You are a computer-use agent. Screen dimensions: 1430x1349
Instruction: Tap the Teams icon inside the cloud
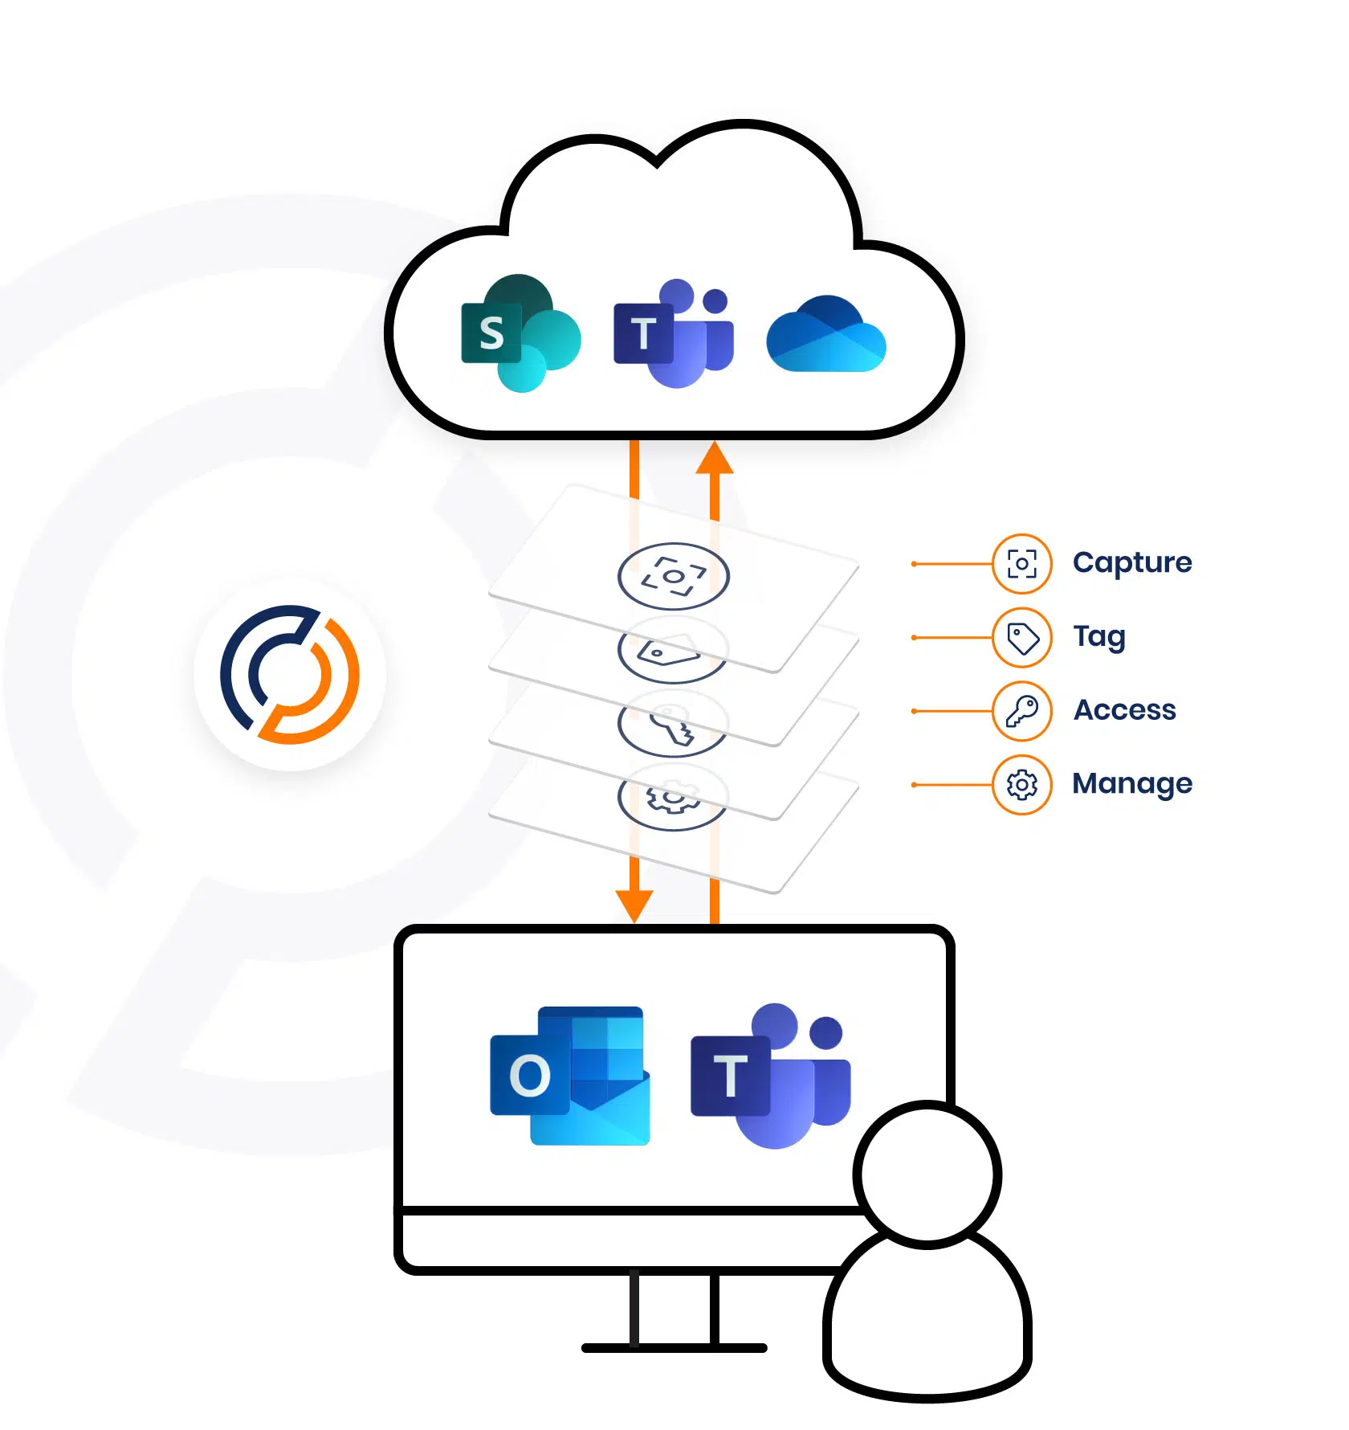pos(674,333)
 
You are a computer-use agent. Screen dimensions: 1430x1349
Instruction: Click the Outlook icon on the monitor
pos(570,1075)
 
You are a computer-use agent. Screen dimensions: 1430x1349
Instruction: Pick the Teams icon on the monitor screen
pos(771,1075)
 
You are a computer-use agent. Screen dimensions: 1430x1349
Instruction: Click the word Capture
pos(1132,562)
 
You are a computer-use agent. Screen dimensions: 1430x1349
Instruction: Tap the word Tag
pos(1099,636)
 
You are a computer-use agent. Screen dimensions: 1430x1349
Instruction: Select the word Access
pos(1124,710)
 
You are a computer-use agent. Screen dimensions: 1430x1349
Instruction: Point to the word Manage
pos(1132,783)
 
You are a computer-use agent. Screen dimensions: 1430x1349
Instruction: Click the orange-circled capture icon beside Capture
pos(1021,564)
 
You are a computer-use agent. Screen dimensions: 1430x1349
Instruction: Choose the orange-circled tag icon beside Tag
pos(1021,638)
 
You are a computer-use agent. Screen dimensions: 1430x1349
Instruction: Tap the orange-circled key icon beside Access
pos(1021,711)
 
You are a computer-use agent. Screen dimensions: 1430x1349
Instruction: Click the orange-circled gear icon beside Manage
pos(1021,785)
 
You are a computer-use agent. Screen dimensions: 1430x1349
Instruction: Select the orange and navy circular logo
pos(290,674)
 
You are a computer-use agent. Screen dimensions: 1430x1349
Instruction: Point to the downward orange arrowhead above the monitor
pos(634,905)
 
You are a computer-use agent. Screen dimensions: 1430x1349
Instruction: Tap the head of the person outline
pos(927,1175)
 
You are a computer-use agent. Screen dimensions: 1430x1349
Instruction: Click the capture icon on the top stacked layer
pos(673,576)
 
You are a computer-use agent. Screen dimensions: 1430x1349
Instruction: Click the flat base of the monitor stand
pos(674,1347)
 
